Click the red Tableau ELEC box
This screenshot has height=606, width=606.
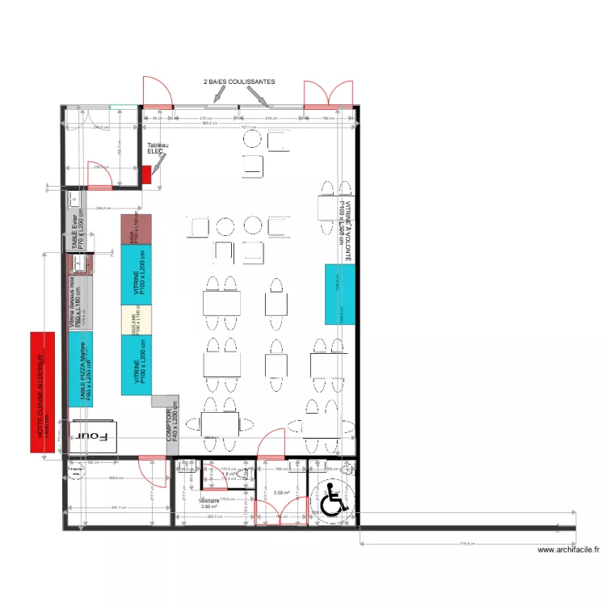click(x=146, y=174)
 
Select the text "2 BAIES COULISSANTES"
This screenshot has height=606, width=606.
click(x=239, y=82)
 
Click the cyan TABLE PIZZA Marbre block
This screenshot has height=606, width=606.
click(x=82, y=369)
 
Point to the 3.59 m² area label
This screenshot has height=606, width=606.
click(x=282, y=493)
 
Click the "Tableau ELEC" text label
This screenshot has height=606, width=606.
click(x=158, y=149)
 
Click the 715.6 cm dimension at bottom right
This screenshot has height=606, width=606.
click(x=469, y=544)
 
